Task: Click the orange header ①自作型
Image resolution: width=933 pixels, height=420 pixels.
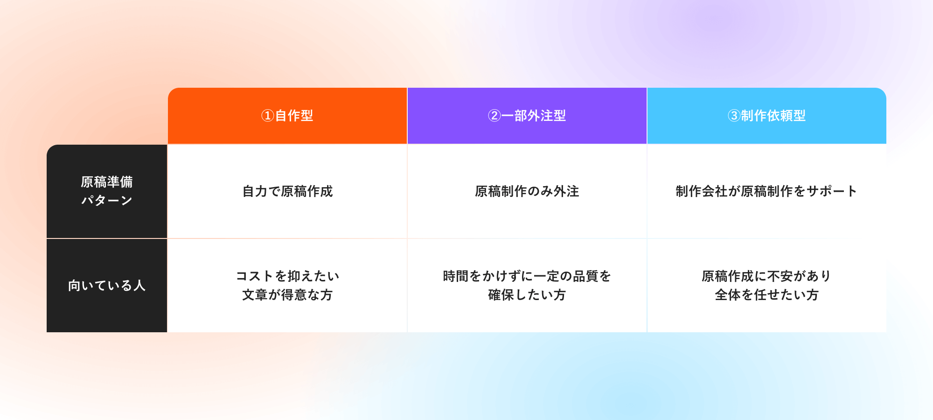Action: click(x=287, y=116)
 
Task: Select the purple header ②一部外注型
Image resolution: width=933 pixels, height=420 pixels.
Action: click(x=527, y=116)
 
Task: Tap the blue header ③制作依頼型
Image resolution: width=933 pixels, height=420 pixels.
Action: click(x=767, y=116)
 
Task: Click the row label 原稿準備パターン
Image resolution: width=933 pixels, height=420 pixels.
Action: click(x=107, y=191)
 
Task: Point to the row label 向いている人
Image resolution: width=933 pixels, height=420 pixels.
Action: click(x=107, y=286)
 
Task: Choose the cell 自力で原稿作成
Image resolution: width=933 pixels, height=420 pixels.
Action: click(x=287, y=191)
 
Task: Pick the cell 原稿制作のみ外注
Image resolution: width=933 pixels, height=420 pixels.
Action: click(x=527, y=191)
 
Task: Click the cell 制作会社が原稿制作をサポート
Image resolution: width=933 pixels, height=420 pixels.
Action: click(x=766, y=191)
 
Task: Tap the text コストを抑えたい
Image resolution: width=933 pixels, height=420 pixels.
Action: click(x=287, y=276)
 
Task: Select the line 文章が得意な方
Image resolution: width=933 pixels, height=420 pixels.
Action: click(x=287, y=295)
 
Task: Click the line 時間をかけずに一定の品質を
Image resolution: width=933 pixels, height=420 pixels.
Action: click(x=527, y=276)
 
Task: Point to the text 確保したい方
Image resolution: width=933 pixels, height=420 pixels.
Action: click(x=527, y=295)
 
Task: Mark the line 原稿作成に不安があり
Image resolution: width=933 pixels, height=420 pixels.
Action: click(x=766, y=276)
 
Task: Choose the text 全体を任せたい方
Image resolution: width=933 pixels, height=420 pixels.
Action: click(x=767, y=295)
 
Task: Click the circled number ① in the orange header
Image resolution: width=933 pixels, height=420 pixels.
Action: click(x=267, y=116)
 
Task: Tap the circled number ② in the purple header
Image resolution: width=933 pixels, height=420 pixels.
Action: click(x=494, y=116)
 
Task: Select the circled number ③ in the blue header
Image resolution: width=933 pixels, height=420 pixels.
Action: click(x=734, y=116)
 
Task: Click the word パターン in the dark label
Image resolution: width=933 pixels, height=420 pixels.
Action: click(x=107, y=201)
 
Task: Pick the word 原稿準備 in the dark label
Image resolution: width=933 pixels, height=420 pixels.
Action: click(x=107, y=182)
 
